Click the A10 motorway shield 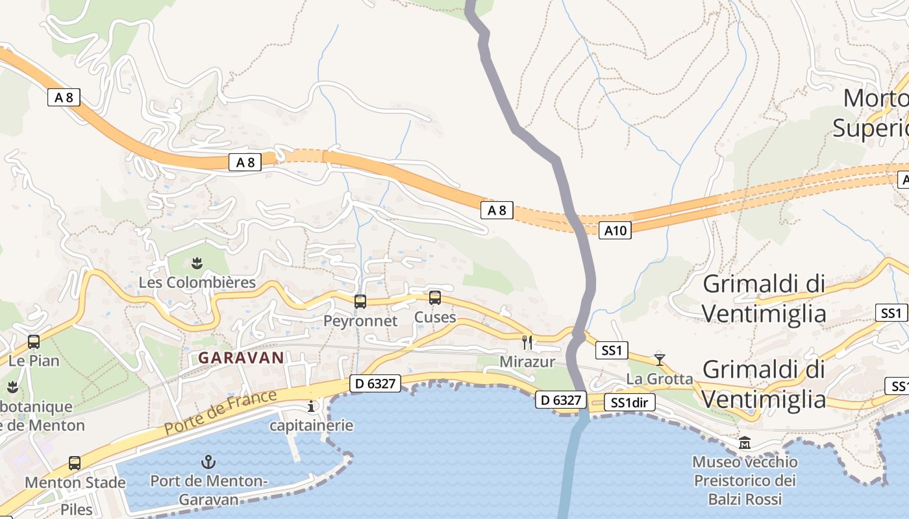tap(615, 230)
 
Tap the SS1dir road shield tap(630, 403)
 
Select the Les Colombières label tap(197, 283)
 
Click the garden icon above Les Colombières tap(195, 263)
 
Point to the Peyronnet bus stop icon tap(360, 301)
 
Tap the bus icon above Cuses tap(435, 298)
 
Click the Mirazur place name tap(527, 361)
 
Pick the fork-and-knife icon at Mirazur tap(527, 342)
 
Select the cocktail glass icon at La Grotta tap(660, 359)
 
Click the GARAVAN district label tap(241, 357)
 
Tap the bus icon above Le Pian tap(34, 341)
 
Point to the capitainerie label tap(312, 426)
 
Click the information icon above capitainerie tap(311, 407)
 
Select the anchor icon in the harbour tap(208, 462)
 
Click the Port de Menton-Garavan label tap(208, 490)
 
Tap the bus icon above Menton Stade tap(75, 463)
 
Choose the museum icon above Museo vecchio tap(744, 443)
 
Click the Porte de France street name tap(221, 412)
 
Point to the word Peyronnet tap(360, 320)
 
